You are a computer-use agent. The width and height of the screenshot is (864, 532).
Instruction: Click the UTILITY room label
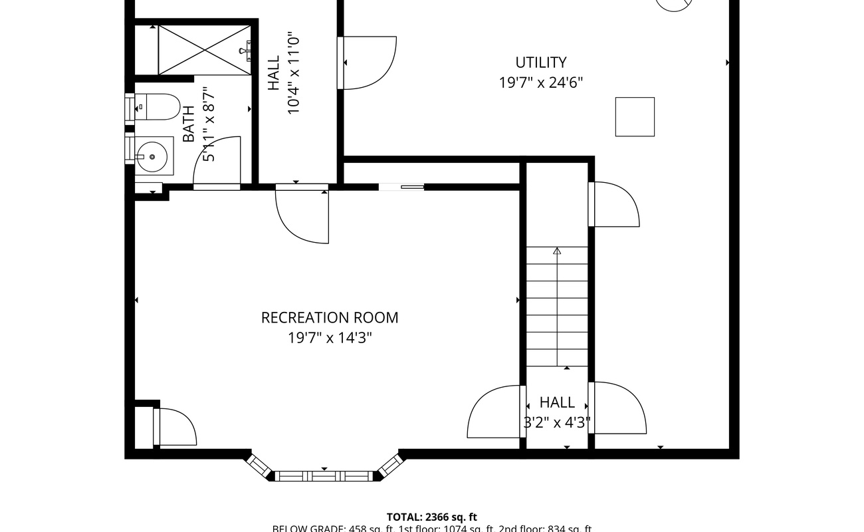[541, 63]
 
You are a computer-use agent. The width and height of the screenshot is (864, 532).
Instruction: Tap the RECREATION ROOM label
[330, 318]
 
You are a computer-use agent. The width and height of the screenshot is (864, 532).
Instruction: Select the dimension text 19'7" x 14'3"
[330, 338]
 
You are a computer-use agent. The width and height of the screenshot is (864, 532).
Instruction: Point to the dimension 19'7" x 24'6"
[541, 82]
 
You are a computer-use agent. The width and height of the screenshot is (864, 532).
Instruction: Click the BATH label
[189, 124]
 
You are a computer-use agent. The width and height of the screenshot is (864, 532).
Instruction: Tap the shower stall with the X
[205, 51]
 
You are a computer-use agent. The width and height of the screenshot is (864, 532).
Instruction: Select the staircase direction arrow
[557, 251]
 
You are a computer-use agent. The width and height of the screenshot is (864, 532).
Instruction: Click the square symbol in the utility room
[635, 117]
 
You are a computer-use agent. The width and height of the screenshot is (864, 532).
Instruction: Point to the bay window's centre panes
[324, 476]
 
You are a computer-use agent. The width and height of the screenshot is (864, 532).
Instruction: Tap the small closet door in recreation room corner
[175, 427]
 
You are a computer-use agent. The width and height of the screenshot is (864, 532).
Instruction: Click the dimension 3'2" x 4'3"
[557, 422]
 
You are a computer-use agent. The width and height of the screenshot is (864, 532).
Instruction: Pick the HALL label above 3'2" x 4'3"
[557, 402]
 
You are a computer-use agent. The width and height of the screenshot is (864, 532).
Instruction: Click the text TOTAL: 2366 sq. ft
[432, 517]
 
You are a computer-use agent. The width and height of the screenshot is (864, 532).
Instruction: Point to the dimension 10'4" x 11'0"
[294, 74]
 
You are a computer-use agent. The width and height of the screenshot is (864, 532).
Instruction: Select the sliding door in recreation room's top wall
[401, 187]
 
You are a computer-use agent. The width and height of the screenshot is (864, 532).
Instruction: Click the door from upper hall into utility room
[368, 63]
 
